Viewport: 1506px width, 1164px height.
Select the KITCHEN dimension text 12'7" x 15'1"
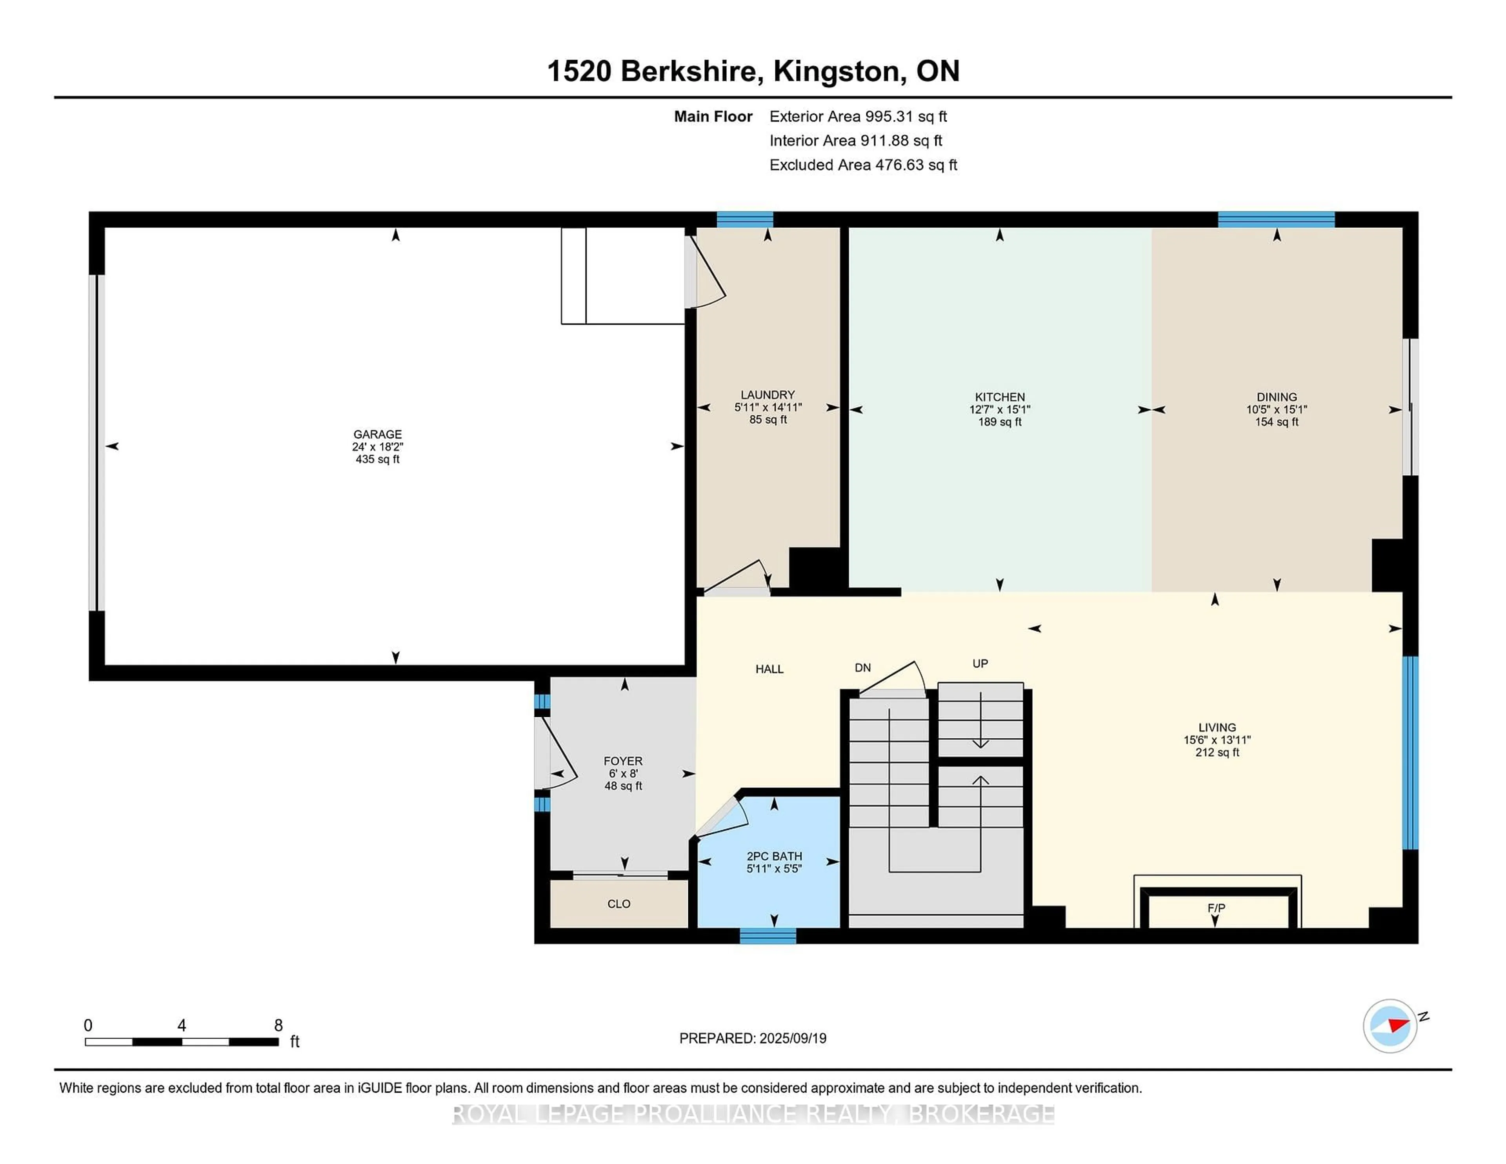point(999,409)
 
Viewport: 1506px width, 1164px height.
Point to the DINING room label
point(1277,397)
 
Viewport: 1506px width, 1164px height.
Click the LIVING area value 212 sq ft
point(1217,752)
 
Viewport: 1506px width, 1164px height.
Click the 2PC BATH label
point(774,856)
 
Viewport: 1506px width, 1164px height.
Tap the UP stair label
point(980,663)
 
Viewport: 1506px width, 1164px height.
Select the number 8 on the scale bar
point(278,1026)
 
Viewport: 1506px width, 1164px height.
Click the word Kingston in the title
point(837,71)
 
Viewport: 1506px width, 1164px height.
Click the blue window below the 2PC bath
point(768,936)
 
